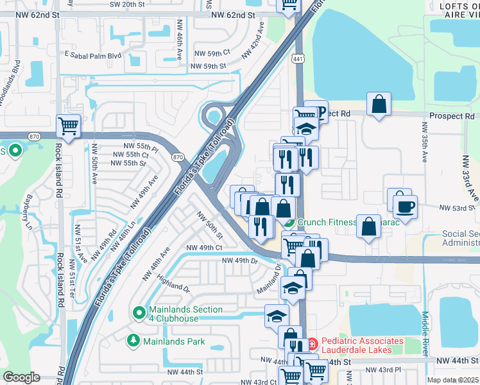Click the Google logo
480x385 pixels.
tap(21, 377)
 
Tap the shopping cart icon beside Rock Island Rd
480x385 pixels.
tap(68, 125)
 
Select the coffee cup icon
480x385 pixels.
tap(405, 207)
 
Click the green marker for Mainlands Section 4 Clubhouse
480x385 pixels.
tap(138, 313)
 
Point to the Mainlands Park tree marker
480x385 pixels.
tap(133, 341)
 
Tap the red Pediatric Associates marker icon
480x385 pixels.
tap(313, 344)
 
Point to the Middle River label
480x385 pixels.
tap(425, 333)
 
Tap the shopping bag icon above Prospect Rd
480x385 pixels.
tap(379, 103)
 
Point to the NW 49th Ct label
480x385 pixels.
tap(204, 248)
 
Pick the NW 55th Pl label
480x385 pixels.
tap(141, 147)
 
